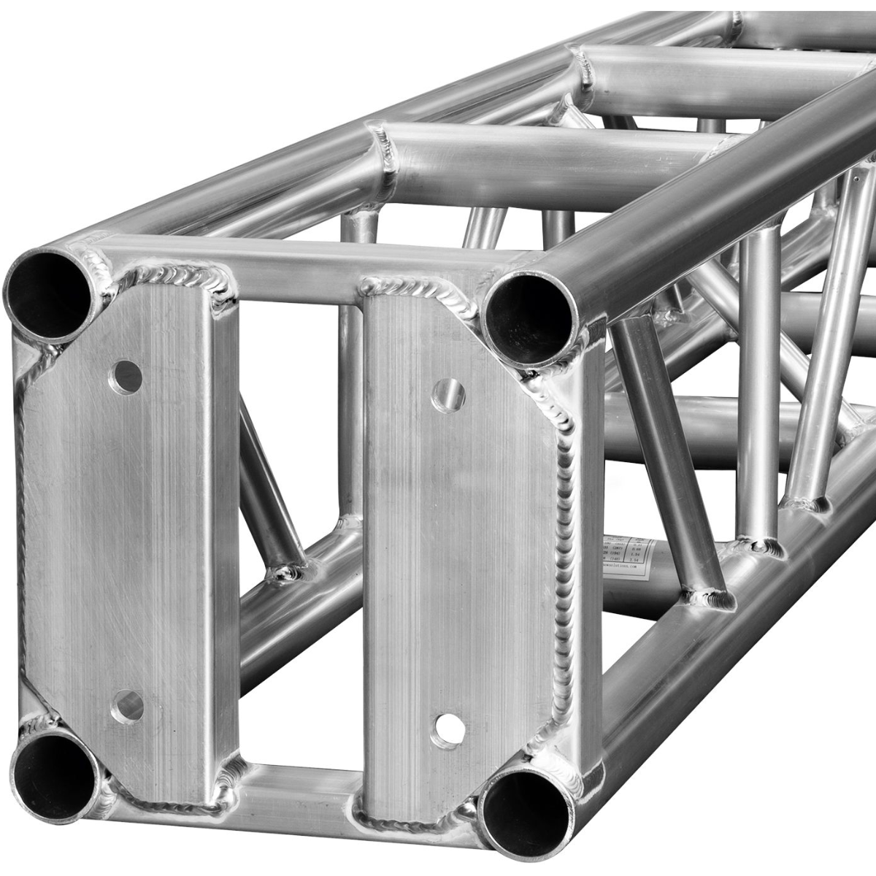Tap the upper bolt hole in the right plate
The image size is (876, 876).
pos(448,396)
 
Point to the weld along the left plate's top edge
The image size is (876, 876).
pos(175,277)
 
